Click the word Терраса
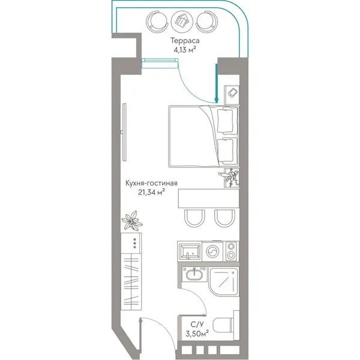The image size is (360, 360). [185, 41]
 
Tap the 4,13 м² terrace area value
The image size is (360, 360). [185, 50]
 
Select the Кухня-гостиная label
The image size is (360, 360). [151, 183]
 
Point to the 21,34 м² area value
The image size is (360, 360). [152, 192]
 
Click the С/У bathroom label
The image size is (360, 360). [197, 325]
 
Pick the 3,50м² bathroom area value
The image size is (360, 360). [197, 333]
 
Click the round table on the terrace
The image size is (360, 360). [182, 22]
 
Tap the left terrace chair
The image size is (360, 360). [157, 22]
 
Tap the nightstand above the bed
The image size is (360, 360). [232, 95]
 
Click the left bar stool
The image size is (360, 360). [194, 218]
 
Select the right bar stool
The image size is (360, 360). [224, 218]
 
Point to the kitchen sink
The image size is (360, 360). [190, 251]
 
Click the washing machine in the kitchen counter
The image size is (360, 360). [212, 251]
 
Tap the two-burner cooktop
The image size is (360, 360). [231, 251]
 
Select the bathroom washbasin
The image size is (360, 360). [194, 274]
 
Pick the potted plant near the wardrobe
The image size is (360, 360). [132, 220]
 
